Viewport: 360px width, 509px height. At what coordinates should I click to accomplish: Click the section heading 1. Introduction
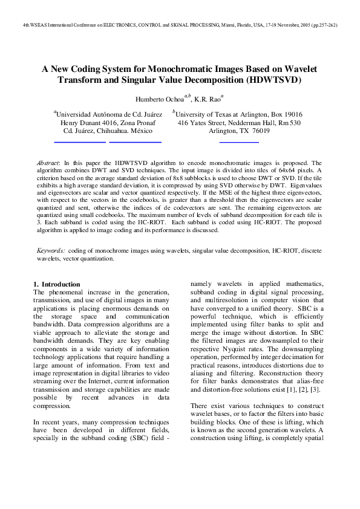(56, 284)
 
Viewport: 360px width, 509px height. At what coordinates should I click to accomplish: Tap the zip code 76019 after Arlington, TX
(260, 131)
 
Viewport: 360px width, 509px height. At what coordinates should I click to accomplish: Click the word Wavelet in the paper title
(296, 70)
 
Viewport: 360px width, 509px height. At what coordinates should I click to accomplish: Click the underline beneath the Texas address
(238, 141)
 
